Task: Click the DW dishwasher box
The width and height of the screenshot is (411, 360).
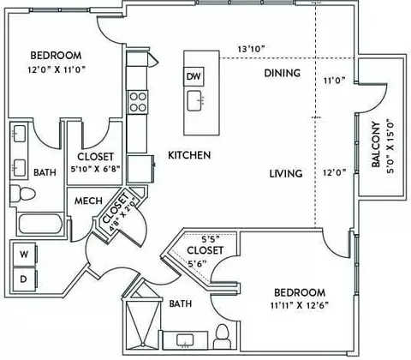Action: (x=194, y=76)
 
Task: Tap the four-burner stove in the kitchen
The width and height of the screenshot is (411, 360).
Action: (x=138, y=102)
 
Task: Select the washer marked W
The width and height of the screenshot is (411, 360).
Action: (x=25, y=254)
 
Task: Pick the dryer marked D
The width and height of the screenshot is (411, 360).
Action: (x=25, y=279)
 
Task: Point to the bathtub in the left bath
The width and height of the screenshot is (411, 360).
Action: (x=40, y=224)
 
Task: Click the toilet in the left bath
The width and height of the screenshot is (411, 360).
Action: (x=23, y=194)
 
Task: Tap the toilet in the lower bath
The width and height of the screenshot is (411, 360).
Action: (x=223, y=336)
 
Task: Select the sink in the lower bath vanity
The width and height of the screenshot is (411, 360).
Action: (x=185, y=340)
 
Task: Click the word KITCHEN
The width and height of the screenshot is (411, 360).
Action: (x=189, y=155)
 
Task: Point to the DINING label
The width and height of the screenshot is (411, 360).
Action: (x=282, y=73)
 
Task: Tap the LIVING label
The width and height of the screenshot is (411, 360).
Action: (x=286, y=173)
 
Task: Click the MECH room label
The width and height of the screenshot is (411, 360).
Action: (x=88, y=201)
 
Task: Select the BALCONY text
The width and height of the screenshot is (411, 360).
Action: (x=376, y=145)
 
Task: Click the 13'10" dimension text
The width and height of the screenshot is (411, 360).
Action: (x=252, y=49)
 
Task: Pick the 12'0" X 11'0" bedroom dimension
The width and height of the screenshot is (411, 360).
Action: (x=57, y=69)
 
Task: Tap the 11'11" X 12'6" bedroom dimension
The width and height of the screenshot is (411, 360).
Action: (x=300, y=305)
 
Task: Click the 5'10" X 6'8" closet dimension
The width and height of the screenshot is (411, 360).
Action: (x=95, y=169)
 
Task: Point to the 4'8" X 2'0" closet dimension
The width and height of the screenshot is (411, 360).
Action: (x=123, y=216)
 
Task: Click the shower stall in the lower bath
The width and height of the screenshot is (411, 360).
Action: (x=142, y=323)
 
